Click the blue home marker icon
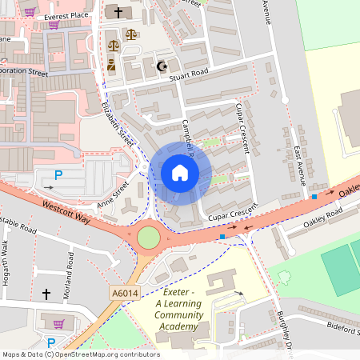180,173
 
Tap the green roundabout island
148,238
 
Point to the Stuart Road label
189,71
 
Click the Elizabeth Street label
118,122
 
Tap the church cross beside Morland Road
46,294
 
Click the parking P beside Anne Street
57,175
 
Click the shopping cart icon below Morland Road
58,323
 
